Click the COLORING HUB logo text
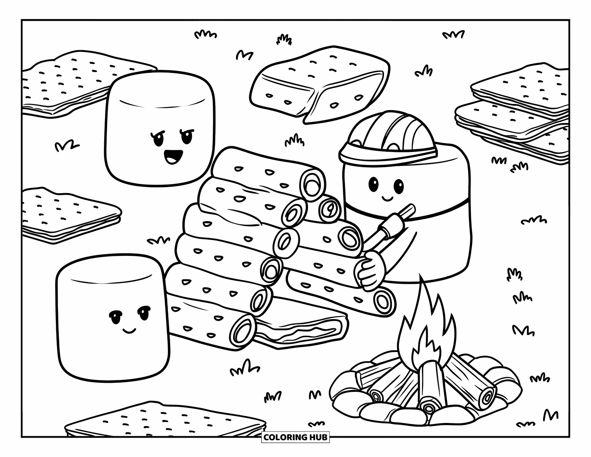point(295,437)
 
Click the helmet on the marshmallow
point(389,135)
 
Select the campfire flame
point(426,333)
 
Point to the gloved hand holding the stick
point(370,269)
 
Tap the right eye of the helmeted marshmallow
point(398,186)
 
